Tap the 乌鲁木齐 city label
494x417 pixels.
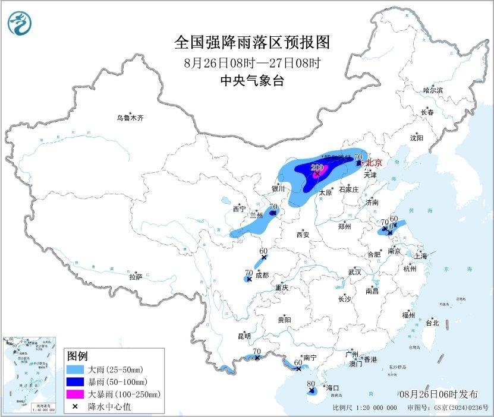pyautogui.click(x=130, y=118)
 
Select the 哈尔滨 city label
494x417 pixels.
pyautogui.click(x=433, y=90)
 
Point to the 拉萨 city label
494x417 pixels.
pyautogui.click(x=136, y=276)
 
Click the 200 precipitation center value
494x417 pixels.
pyautogui.click(x=317, y=168)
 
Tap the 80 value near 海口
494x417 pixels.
pyautogui.click(x=310, y=384)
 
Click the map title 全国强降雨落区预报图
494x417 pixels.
pyautogui.click(x=251, y=43)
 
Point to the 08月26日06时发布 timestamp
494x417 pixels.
pyautogui.click(x=438, y=394)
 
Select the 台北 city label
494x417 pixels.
pyautogui.click(x=432, y=323)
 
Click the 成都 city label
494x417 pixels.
pyautogui.click(x=262, y=275)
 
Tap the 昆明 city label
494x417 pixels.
pyautogui.click(x=244, y=336)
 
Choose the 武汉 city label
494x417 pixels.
pyautogui.click(x=355, y=271)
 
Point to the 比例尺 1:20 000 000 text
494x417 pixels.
pyautogui.click(x=364, y=408)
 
